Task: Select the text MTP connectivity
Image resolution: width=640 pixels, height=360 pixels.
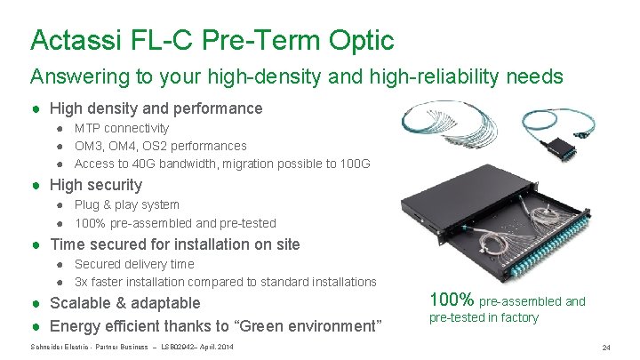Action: [122, 128]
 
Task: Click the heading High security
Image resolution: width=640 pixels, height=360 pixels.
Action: [96, 185]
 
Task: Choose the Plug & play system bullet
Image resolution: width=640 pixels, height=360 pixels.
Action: [126, 204]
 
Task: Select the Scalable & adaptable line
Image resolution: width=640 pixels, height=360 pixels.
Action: [125, 303]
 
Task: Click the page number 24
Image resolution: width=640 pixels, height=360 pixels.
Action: [607, 347]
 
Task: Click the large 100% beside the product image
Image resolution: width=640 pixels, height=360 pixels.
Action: [452, 300]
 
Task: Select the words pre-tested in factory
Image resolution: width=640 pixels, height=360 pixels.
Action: [484, 317]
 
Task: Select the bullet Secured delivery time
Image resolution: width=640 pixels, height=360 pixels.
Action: [134, 264]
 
